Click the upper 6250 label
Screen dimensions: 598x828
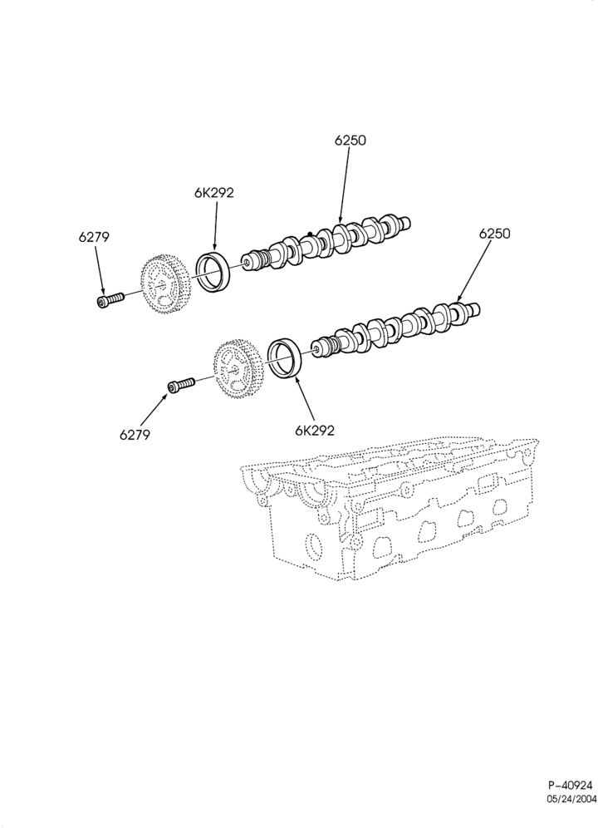[x=350, y=140]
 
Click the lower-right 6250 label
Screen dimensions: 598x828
[x=494, y=234]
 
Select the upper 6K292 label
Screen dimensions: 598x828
[x=213, y=193]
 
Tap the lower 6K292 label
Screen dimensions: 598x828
[x=315, y=431]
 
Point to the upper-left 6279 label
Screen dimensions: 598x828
[x=94, y=238]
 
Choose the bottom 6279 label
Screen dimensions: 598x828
[x=135, y=435]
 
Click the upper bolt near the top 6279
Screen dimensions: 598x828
[x=110, y=300]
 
